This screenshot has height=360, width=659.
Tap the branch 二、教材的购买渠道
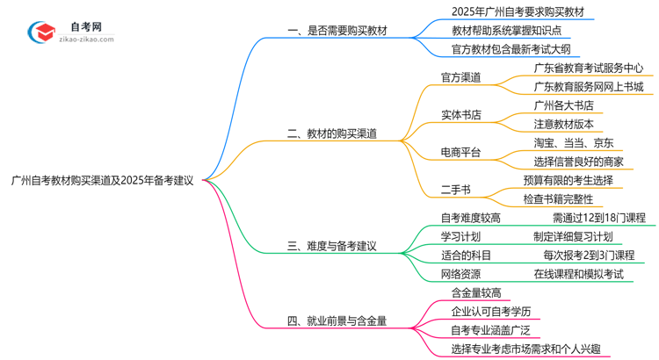coord(332,133)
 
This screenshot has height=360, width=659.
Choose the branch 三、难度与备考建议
coord(332,246)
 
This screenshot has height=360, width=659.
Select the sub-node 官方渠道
coord(460,76)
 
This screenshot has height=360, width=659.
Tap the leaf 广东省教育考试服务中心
coord(588,67)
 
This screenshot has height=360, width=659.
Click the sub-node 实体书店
coord(460,114)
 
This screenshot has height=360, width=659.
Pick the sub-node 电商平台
coord(460,152)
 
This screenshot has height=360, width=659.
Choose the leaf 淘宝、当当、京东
coord(573,142)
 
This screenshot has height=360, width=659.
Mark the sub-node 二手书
coord(455,189)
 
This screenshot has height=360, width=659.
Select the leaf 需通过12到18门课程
coord(598,217)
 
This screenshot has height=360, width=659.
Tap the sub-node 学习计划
coord(460,236)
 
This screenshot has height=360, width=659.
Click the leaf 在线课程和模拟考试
coord(578,273)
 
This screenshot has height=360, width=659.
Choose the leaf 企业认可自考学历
coord(490,311)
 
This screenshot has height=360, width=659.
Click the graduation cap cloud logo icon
coord(42,32)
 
